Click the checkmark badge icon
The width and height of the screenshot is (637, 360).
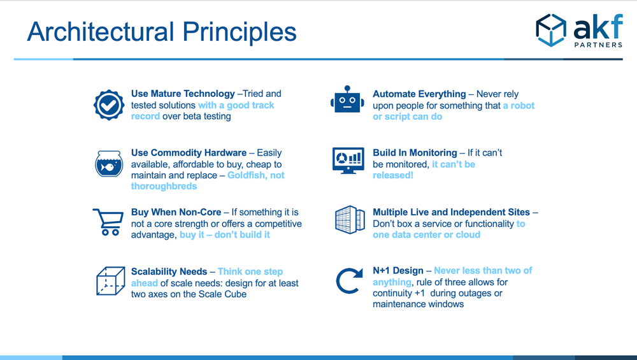click(x=109, y=105)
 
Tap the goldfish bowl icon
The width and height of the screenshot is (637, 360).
click(x=109, y=164)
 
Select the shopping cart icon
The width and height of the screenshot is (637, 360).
click(x=108, y=222)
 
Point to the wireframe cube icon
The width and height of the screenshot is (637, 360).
click(x=110, y=281)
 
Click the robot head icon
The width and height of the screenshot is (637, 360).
click(x=347, y=99)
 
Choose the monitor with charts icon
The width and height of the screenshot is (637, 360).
click(x=348, y=161)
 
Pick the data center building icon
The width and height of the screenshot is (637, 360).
click(x=350, y=219)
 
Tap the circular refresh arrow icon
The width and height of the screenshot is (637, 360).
click(x=349, y=280)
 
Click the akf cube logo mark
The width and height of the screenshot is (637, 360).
click(x=551, y=31)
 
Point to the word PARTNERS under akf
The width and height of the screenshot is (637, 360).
click(x=598, y=45)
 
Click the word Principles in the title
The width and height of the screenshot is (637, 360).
click(x=240, y=32)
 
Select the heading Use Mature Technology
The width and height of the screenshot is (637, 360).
click(x=183, y=94)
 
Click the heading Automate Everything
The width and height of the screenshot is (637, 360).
click(x=419, y=94)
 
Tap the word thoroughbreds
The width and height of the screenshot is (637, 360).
click(x=164, y=186)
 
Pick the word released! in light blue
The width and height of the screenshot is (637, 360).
click(x=393, y=175)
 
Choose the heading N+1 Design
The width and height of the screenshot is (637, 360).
click(x=398, y=271)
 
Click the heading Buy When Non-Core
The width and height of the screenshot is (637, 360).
click(x=176, y=212)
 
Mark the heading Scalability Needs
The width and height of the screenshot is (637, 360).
click(x=169, y=271)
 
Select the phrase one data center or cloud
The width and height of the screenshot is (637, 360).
click(x=427, y=235)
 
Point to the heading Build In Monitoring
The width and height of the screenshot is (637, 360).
click(x=415, y=153)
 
